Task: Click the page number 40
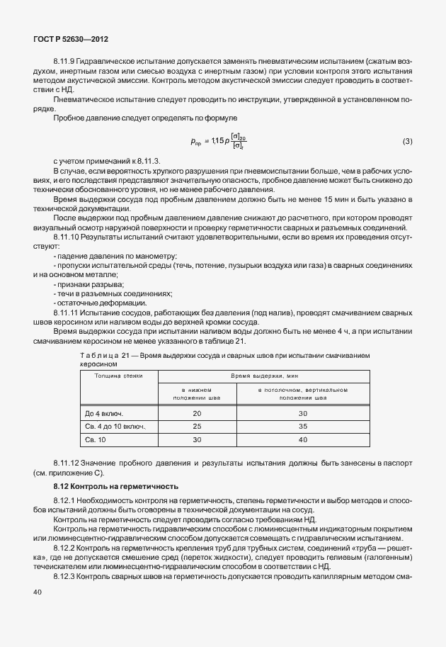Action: click(x=38, y=617)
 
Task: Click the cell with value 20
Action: click(x=197, y=412)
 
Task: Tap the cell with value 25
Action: click(x=197, y=426)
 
